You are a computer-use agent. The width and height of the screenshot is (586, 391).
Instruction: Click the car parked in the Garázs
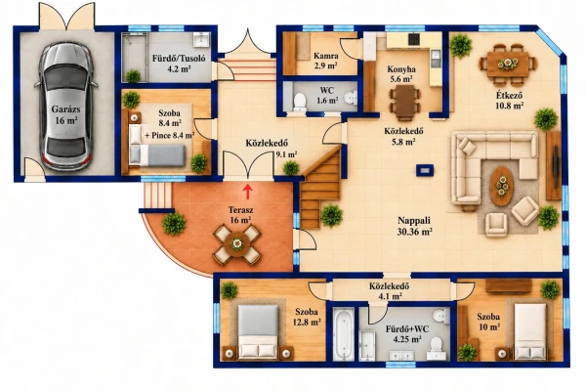[66, 106]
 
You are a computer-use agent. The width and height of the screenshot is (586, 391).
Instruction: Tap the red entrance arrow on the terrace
[247, 192]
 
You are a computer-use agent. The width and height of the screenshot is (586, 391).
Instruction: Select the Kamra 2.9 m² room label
[326, 61]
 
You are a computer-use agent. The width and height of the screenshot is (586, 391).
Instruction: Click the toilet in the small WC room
[300, 102]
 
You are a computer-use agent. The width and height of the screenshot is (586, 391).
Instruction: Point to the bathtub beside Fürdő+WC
[343, 334]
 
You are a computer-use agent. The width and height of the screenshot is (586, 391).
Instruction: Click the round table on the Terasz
[236, 244]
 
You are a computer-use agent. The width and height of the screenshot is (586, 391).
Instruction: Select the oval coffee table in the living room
[502, 186]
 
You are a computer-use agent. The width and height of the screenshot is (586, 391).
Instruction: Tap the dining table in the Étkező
[508, 64]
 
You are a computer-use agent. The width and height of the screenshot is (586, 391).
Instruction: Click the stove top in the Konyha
[414, 39]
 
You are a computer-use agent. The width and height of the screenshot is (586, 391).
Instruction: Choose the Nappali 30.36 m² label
[414, 226]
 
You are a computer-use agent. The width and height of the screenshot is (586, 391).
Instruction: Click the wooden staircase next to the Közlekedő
[321, 189]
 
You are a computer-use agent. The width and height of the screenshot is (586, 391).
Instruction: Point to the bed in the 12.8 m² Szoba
[258, 331]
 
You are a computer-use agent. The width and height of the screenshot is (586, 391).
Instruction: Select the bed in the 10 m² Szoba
[530, 331]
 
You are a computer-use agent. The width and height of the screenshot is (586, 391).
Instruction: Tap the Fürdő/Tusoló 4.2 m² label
[179, 64]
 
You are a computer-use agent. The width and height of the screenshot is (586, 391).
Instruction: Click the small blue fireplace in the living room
[425, 170]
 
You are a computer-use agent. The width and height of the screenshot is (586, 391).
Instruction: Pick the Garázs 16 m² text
[66, 115]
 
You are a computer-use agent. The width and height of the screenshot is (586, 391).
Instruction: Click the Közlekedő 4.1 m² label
[389, 291]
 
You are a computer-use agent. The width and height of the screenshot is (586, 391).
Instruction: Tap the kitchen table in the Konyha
[404, 101]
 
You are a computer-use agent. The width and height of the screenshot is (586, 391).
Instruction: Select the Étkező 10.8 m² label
[509, 101]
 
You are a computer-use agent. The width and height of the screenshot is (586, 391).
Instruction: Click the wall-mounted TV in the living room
[556, 166]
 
